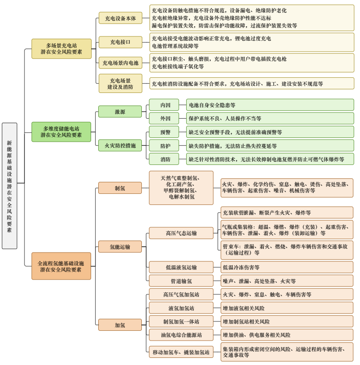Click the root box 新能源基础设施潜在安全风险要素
[9, 186]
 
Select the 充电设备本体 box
[120, 19]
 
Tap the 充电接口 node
[120, 42]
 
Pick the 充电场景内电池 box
[120, 63]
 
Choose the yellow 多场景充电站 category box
[61, 49]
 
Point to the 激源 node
[120, 112]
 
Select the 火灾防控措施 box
[120, 145]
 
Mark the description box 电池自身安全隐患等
[270, 105]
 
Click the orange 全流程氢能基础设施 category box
[61, 266]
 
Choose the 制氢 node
[120, 188]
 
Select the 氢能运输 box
[120, 247]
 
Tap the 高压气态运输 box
[181, 233]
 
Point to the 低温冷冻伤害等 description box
[287, 267]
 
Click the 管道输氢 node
[181, 281]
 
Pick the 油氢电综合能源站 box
[181, 335]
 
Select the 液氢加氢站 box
[181, 308]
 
